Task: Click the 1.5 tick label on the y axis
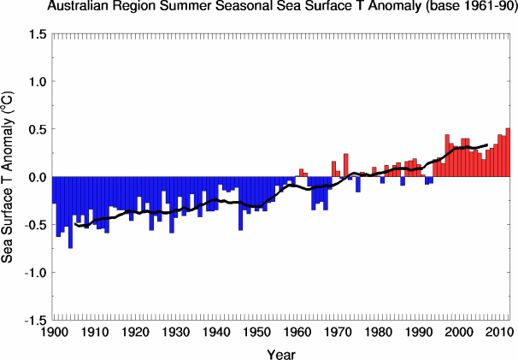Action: (37, 34)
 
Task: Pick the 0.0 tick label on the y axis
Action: (37, 177)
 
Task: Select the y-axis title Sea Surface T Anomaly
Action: (10, 176)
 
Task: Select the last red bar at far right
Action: (508, 152)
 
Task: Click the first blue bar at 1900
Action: (54, 190)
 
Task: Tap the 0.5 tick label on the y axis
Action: (37, 129)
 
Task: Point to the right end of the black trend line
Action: (487, 145)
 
